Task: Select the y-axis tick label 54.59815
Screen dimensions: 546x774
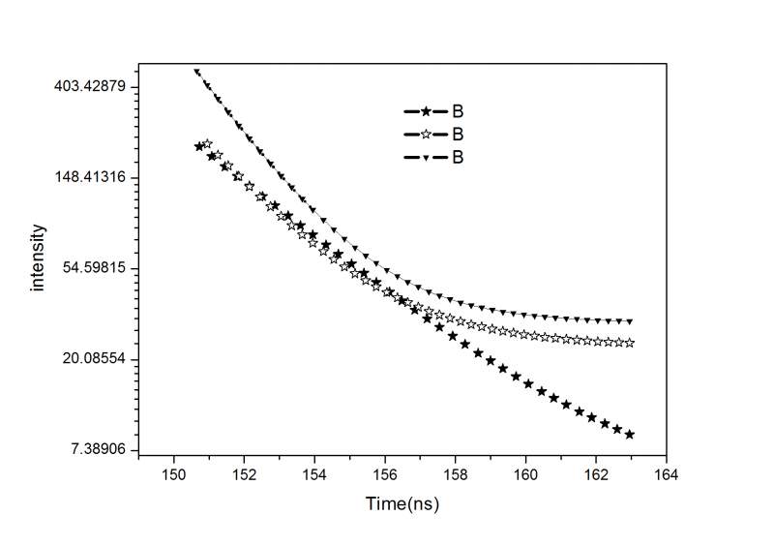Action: click(96, 268)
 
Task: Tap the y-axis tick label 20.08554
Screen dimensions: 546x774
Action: click(96, 359)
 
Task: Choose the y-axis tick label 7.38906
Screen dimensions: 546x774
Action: click(100, 450)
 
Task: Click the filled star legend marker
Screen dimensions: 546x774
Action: click(423, 111)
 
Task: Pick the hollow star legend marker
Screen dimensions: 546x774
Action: click(423, 134)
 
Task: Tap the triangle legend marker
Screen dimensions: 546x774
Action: click(423, 156)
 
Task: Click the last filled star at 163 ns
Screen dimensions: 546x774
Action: click(630, 435)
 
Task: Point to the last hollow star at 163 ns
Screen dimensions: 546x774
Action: click(630, 343)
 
